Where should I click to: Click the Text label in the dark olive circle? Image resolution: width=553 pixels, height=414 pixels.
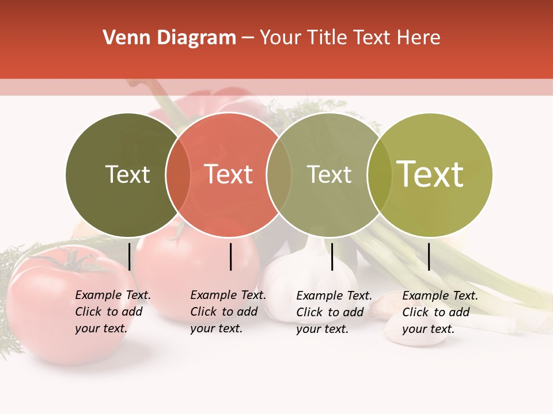click(127, 174)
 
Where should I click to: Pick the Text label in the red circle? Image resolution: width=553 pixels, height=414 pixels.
click(229, 174)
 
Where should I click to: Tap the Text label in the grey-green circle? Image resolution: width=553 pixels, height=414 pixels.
click(329, 174)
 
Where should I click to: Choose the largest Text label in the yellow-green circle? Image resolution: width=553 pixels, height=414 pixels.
click(430, 174)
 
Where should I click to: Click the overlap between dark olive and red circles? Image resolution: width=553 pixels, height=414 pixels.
click(178, 174)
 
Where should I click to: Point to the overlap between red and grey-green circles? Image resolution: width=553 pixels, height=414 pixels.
click(279, 174)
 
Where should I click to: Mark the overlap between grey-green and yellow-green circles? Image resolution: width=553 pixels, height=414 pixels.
click(380, 174)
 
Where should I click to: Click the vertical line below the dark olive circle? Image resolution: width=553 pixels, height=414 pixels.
click(130, 256)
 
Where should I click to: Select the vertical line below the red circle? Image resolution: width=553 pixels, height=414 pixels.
click(230, 256)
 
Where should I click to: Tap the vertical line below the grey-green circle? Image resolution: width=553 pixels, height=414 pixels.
click(332, 256)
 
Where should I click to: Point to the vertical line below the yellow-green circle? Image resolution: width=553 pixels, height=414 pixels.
click(429, 256)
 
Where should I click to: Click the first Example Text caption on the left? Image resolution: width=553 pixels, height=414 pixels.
click(112, 312)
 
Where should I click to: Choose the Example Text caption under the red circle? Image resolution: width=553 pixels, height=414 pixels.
click(228, 312)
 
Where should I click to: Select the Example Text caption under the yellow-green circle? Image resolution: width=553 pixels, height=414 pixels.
click(440, 312)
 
